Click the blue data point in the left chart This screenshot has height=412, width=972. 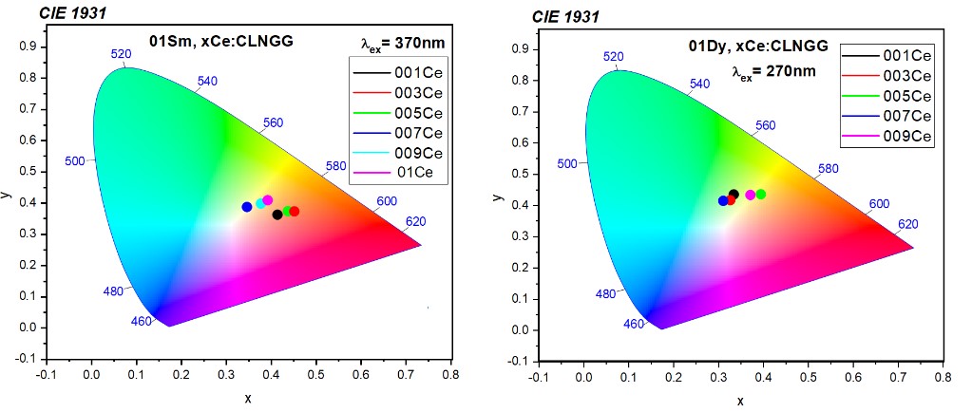pyautogui.click(x=247, y=207)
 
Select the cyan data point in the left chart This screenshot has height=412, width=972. pyautogui.click(x=260, y=203)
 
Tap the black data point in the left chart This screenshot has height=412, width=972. pyautogui.click(x=277, y=215)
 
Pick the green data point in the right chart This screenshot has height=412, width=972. pyautogui.click(x=760, y=195)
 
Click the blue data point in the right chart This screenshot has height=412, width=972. pyautogui.click(x=723, y=200)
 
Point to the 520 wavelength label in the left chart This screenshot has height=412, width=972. pyautogui.click(x=121, y=54)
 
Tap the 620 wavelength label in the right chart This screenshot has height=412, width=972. pyautogui.click(x=908, y=225)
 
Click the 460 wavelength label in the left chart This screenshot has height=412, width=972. pyautogui.click(x=141, y=322)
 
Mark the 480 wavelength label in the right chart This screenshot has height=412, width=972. pyautogui.click(x=605, y=293)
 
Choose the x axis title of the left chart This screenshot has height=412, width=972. pyautogui.click(x=247, y=398)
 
